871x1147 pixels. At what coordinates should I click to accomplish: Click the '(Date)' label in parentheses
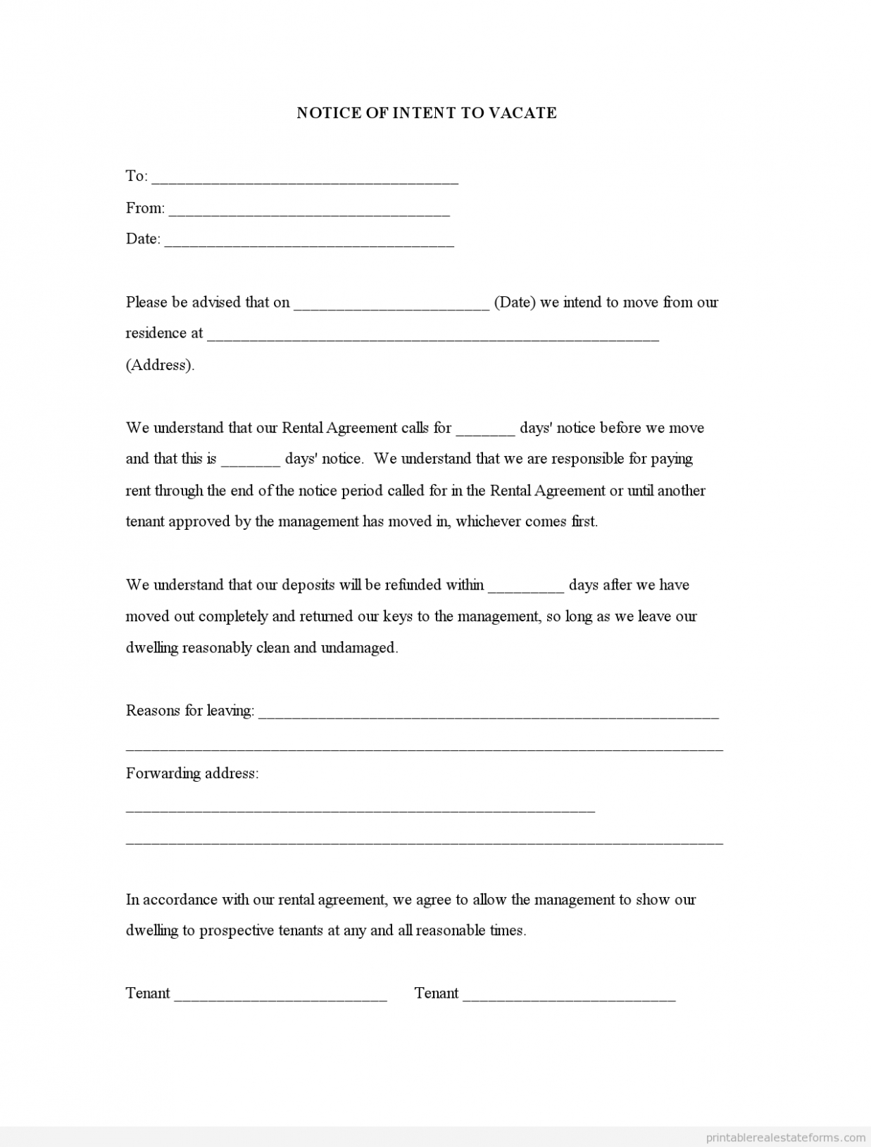[x=515, y=303]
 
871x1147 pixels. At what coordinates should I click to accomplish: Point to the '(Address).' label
[x=160, y=365]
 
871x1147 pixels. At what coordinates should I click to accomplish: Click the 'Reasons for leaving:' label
[x=190, y=711]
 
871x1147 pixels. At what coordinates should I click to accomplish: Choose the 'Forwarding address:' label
[x=192, y=773]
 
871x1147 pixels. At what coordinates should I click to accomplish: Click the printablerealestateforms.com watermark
[x=786, y=1137]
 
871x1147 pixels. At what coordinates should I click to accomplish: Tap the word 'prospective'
[x=237, y=931]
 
